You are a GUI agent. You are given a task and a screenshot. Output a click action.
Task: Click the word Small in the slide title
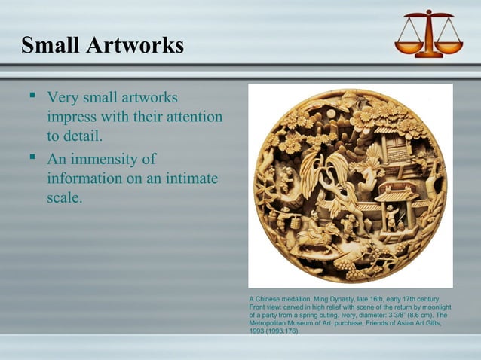tap(51, 46)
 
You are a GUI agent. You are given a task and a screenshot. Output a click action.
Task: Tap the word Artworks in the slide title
tap(136, 46)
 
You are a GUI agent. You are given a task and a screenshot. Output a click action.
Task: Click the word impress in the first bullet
tap(73, 117)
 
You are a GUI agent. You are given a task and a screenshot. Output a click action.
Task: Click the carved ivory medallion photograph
tap(350, 185)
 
